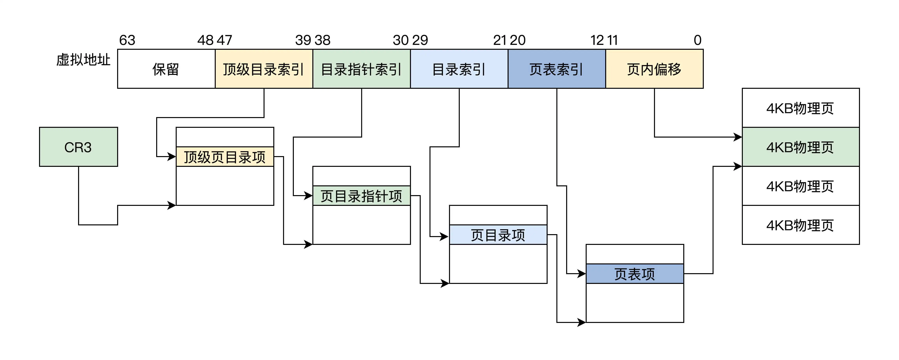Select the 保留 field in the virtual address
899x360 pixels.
coord(166,69)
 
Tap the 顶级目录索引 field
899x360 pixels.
coord(264,69)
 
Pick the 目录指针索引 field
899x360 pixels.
coord(362,69)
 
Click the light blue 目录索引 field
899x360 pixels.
coord(459,69)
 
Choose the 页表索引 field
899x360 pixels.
coord(557,69)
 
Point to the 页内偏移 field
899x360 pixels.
coord(654,69)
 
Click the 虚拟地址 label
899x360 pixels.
coord(83,60)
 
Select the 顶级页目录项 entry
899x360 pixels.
coord(225,157)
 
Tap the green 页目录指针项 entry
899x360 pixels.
coord(362,196)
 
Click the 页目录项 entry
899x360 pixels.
coord(498,235)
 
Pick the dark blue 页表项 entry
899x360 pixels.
coord(635,274)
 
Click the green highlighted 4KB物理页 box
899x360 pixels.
coord(801,147)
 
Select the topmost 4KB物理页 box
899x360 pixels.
coord(801,108)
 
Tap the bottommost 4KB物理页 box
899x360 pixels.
coord(801,225)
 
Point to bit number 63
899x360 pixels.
coord(127,40)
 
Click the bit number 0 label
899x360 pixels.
coord(697,40)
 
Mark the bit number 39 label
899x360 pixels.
coord(303,40)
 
